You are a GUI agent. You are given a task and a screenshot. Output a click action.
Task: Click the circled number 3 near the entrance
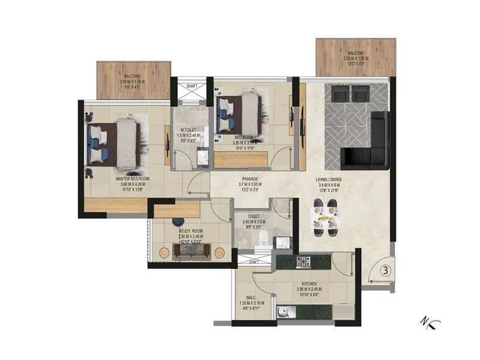[x=386, y=270]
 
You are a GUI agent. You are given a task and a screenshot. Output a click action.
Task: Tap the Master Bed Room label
[x=133, y=179]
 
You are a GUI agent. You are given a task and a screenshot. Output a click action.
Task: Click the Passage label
[x=250, y=179]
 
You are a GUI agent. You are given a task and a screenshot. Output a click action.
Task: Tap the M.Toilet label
[x=190, y=130]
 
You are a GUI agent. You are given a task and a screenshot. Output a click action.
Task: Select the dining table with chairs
[x=326, y=221]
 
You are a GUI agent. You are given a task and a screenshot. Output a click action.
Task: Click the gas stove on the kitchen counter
[x=302, y=262]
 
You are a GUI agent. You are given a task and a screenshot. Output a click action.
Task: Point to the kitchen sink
[x=285, y=311]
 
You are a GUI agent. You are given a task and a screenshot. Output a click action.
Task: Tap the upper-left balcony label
[x=133, y=76]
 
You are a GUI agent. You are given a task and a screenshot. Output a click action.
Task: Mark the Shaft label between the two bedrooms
[x=192, y=86]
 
